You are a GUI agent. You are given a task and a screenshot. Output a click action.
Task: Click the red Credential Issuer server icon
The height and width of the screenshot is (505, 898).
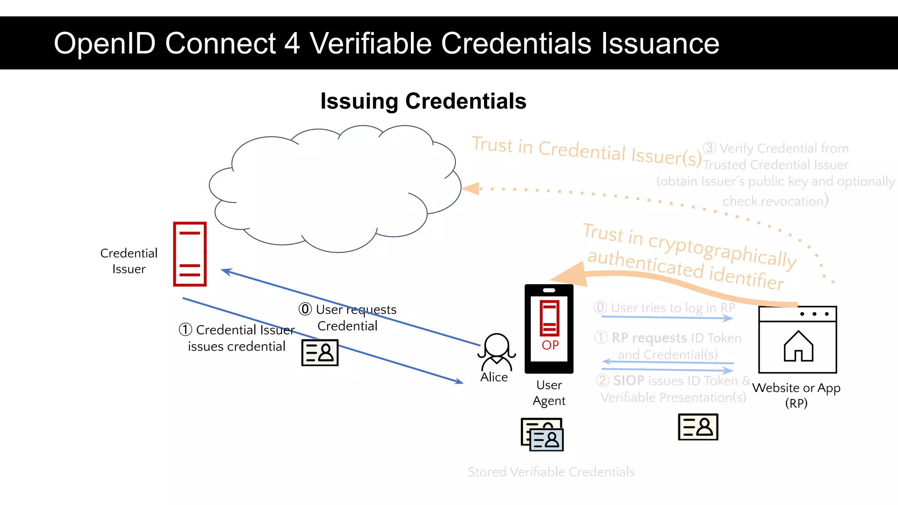[x=189, y=254]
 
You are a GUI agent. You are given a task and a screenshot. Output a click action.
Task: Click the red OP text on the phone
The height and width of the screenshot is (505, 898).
[x=550, y=345]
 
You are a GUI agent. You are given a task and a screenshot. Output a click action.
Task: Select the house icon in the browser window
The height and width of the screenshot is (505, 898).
[x=798, y=346]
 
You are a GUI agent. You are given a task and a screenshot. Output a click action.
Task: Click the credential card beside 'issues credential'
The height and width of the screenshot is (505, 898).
[x=320, y=352]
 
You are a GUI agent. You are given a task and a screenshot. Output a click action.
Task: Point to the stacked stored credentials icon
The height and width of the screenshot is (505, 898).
[x=542, y=434]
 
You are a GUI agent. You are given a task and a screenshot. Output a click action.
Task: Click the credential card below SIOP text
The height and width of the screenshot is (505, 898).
[x=698, y=427]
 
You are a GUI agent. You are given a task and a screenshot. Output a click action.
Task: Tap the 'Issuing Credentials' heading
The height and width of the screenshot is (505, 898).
[x=423, y=101]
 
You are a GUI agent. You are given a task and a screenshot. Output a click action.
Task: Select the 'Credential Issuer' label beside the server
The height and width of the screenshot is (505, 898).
[x=128, y=261]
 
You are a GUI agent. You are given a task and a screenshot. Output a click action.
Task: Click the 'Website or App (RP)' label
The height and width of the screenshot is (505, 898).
[x=796, y=395]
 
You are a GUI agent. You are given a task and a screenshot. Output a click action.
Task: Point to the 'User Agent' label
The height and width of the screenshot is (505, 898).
[x=549, y=393]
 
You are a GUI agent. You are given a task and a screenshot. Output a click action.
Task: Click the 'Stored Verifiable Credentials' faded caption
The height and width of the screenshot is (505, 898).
[x=551, y=472]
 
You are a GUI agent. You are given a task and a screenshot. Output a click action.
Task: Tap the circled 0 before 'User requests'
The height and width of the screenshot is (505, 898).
[x=305, y=309]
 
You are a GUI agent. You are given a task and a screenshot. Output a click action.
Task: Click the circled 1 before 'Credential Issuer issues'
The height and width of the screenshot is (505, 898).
[x=185, y=329]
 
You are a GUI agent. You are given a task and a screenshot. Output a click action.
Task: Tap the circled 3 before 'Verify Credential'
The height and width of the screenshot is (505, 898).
[x=709, y=148]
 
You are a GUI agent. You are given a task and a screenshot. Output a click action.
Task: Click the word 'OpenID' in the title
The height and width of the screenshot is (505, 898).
[x=105, y=43]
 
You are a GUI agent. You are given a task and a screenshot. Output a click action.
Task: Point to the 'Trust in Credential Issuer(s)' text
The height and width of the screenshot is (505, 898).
[x=587, y=150]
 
